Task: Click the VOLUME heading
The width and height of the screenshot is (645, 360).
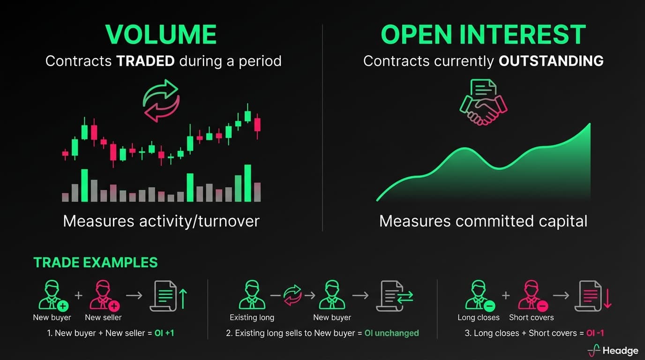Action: [161, 35]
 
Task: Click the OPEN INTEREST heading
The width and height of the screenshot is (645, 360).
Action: [483, 35]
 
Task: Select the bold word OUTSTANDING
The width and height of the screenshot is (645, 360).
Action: [551, 61]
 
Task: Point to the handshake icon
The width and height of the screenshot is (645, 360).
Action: [483, 103]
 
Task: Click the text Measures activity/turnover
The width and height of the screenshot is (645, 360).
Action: [161, 221]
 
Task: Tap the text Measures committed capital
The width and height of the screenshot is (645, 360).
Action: [483, 221]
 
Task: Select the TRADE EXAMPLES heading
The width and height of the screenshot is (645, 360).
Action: [95, 262]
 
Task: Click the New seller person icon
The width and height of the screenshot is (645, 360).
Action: [104, 296]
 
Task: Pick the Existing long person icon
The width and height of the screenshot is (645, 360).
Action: [252, 295]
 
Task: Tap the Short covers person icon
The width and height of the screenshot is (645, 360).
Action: [532, 296]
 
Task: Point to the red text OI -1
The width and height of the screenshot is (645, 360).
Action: [595, 333]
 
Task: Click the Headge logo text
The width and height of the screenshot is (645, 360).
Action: [620, 351]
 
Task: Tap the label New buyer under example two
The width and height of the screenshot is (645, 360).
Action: [332, 317]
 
